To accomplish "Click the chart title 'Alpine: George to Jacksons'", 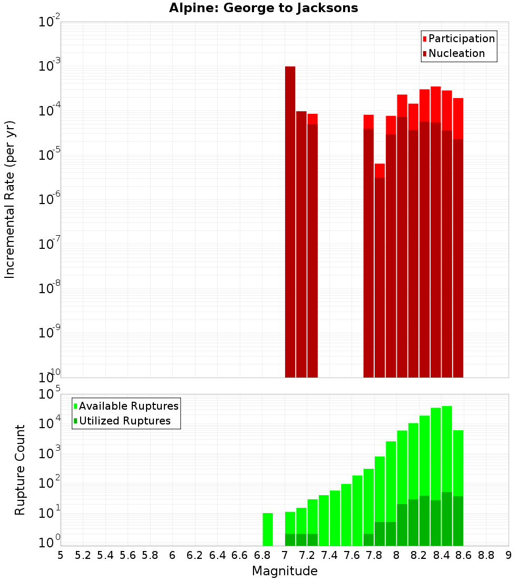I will [x=263, y=8].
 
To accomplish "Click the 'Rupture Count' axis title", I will [x=20, y=469].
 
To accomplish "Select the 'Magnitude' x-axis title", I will [x=285, y=571].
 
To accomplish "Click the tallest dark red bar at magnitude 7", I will [x=290, y=221].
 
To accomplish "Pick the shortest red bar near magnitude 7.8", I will [x=379, y=269].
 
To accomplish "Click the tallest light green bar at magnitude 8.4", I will [x=447, y=448].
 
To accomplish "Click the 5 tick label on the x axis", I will [x=61, y=555].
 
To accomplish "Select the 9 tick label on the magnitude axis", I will [x=509, y=555].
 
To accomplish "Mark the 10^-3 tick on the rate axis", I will [x=48, y=66].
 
